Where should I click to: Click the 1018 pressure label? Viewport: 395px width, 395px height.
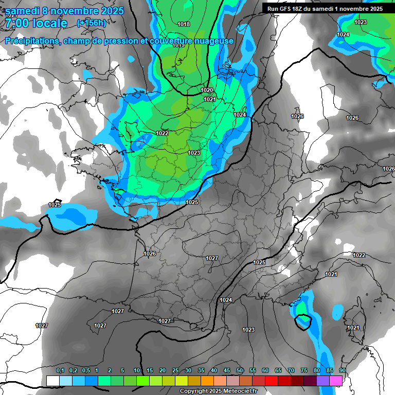coord(183,24)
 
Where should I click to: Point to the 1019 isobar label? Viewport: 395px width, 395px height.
coord(178,45)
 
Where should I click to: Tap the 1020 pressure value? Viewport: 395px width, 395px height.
coord(207,91)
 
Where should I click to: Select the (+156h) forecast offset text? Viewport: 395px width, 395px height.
coord(92,23)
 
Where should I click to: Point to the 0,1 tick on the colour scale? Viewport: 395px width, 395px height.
coord(60,371)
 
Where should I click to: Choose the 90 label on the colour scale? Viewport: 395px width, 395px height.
coord(343,371)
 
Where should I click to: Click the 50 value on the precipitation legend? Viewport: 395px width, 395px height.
coord(240,371)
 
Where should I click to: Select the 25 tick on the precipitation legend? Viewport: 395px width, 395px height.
coord(175,371)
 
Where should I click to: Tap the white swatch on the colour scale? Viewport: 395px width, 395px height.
coord(52,381)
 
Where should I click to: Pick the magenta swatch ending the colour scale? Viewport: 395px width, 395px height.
coord(336,381)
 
